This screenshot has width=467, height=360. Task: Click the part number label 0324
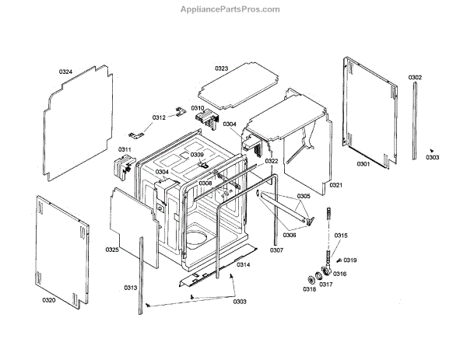pos(65,72)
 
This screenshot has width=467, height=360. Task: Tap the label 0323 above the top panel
pos(222,68)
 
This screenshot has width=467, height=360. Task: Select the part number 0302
pos(415,77)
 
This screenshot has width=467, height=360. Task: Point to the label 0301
pos(363,164)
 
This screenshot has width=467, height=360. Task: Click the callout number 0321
pos(335,185)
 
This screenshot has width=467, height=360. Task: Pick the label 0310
pos(198,108)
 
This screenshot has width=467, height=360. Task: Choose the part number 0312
pos(159,117)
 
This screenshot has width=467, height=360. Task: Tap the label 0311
pos(125,149)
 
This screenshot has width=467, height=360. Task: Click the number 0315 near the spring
pos(341,236)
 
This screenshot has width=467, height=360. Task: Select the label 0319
pos(350,260)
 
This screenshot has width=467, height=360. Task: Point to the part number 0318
pos(309,288)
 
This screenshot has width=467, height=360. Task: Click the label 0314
pos(244,265)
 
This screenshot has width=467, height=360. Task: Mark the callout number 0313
pos(130,288)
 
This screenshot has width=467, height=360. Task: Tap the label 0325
pos(112,250)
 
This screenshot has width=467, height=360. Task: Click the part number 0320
pos(48,299)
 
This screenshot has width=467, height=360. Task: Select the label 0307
pos(276,250)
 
